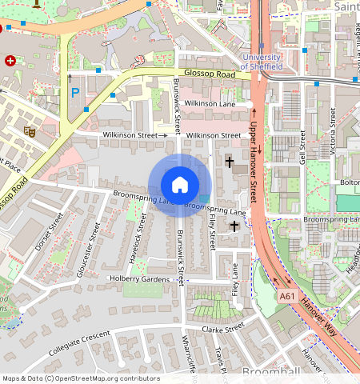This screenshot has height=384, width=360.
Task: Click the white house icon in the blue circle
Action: tap(180, 185)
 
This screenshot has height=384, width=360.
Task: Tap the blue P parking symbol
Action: tap(75, 94)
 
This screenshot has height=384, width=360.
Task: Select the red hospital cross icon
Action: tap(10, 61)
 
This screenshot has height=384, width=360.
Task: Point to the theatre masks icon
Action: tap(30, 130)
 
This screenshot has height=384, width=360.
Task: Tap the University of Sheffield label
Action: tap(261, 62)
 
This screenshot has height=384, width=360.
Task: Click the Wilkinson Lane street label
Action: tap(210, 104)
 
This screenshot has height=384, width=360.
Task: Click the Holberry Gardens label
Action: tap(140, 279)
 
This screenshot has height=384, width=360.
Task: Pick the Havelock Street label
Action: tap(136, 238)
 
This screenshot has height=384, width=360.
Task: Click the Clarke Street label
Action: tap(222, 328)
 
